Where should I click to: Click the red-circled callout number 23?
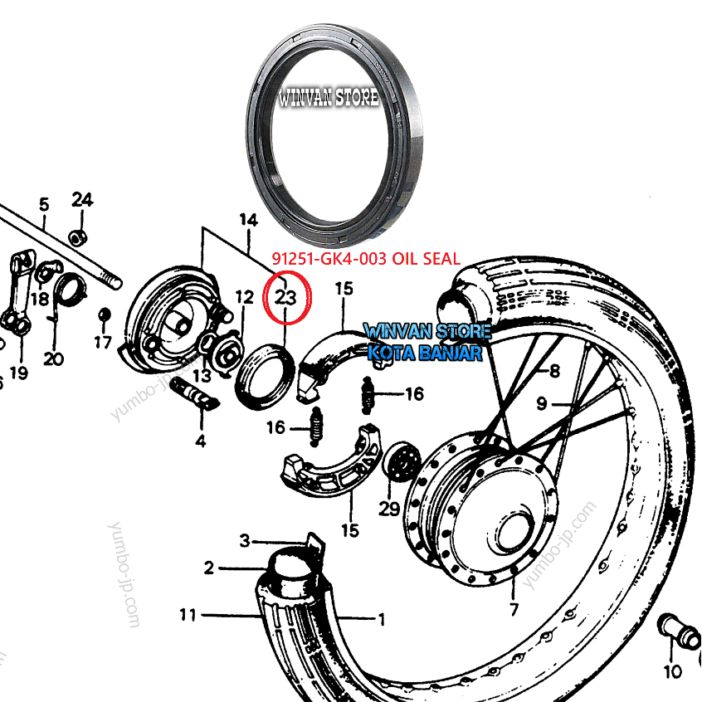(285, 296)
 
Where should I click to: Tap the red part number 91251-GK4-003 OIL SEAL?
(366, 259)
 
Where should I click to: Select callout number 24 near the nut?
(82, 200)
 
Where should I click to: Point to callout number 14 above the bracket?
(248, 220)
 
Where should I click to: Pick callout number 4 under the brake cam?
(200, 441)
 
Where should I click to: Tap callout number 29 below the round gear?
(389, 508)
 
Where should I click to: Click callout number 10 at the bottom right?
(672, 671)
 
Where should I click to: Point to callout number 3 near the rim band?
(245, 541)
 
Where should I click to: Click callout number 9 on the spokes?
(542, 405)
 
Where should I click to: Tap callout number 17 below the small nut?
(102, 342)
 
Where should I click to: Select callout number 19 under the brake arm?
(18, 373)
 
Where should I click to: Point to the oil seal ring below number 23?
(264, 378)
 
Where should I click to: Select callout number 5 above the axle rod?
(44, 204)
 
